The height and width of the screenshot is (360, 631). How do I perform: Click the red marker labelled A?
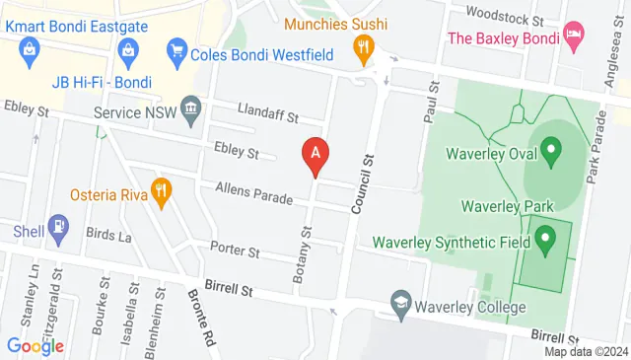[315, 154]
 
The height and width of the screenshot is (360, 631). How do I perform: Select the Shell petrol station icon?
[59, 230]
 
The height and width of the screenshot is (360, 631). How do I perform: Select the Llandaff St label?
[267, 115]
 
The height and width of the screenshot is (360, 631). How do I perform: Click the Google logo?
[35, 345]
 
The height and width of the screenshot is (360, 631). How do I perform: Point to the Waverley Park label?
[507, 206]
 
